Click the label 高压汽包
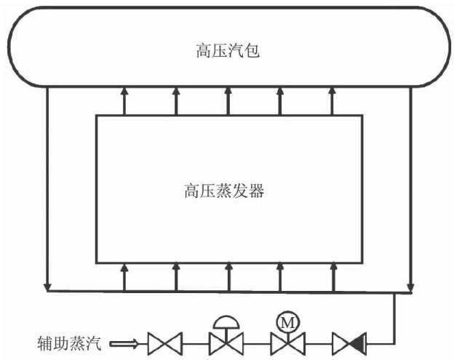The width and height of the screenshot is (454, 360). [228, 51]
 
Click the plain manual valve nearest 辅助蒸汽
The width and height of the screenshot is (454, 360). [164, 340]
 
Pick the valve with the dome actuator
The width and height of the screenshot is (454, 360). [226, 340]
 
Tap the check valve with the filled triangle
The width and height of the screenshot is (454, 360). [350, 340]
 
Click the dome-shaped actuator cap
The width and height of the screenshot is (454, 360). [226, 323]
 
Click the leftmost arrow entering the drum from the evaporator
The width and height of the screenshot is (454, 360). [124, 90]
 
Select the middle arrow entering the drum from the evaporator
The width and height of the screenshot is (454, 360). [228, 90]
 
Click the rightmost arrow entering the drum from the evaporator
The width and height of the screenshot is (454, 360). [332, 90]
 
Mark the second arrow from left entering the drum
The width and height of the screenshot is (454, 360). [176, 90]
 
